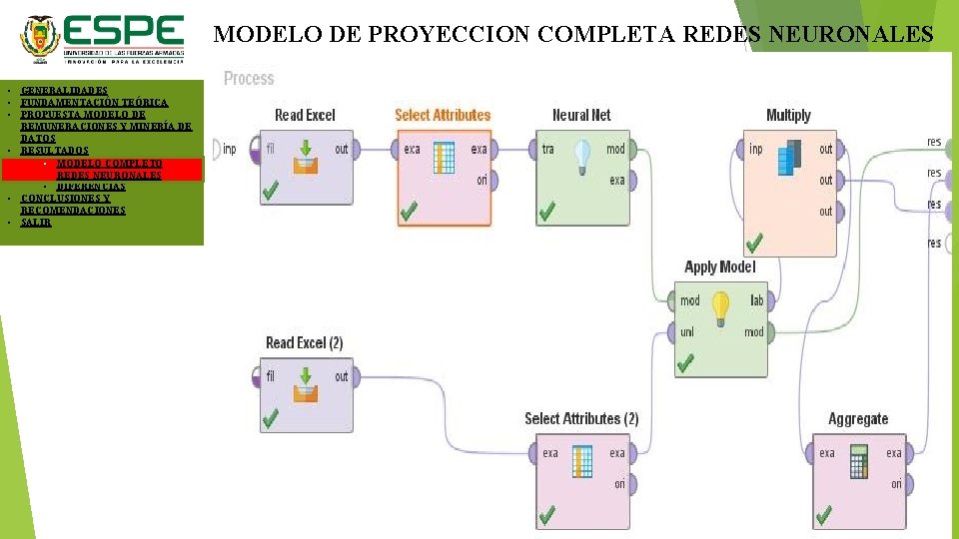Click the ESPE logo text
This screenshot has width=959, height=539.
(x=126, y=31)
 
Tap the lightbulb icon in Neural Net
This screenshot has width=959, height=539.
(x=582, y=158)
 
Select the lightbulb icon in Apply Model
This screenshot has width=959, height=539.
(x=719, y=308)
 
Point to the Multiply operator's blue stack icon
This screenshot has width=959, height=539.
(x=789, y=158)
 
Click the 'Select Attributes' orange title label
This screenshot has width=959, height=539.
(x=443, y=115)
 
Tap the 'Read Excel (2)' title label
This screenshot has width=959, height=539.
(x=304, y=342)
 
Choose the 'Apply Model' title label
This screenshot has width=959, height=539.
(x=719, y=267)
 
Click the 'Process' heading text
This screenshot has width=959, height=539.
(x=249, y=78)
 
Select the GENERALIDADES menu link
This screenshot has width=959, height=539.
(x=64, y=91)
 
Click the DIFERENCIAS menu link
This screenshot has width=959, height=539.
(x=91, y=187)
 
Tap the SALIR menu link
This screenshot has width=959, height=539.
(x=36, y=223)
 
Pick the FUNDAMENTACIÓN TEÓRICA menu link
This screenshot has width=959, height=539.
(x=94, y=103)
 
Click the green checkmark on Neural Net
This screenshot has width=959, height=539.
(x=546, y=212)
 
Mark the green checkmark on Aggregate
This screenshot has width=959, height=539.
(x=823, y=515)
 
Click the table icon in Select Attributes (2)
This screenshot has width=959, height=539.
(x=582, y=461)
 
